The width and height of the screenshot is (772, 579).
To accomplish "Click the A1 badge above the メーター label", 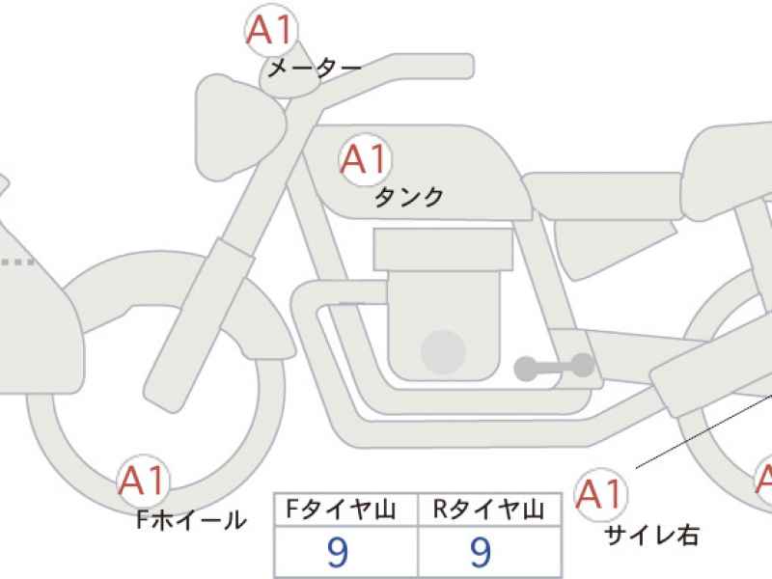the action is pyautogui.click(x=271, y=31).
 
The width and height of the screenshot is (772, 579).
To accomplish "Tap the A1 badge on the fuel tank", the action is pyautogui.click(x=365, y=159).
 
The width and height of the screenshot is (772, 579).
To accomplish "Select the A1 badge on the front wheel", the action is pyautogui.click(x=143, y=481).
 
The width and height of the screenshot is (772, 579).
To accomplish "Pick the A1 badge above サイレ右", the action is pyautogui.click(x=600, y=494).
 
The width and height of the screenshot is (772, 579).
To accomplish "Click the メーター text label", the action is pyautogui.click(x=315, y=68).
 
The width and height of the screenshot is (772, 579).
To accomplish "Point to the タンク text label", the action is pyautogui.click(x=408, y=197).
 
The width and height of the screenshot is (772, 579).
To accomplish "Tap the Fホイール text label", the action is pyautogui.click(x=191, y=519).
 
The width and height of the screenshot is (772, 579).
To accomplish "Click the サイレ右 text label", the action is pyautogui.click(x=651, y=535).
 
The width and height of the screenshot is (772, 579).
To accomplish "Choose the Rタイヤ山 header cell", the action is pyautogui.click(x=489, y=510).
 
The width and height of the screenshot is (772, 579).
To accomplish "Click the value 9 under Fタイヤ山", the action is pyautogui.click(x=338, y=552).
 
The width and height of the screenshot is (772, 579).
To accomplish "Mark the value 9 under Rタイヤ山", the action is pyautogui.click(x=481, y=552).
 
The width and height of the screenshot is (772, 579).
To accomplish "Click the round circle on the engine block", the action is pyautogui.click(x=443, y=352).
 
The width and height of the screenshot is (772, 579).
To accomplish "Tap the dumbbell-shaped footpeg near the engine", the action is pyautogui.click(x=554, y=367).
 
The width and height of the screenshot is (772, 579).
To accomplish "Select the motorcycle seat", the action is pyautogui.click(x=603, y=196).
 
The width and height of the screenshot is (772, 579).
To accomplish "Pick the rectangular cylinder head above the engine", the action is pyautogui.click(x=443, y=249).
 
